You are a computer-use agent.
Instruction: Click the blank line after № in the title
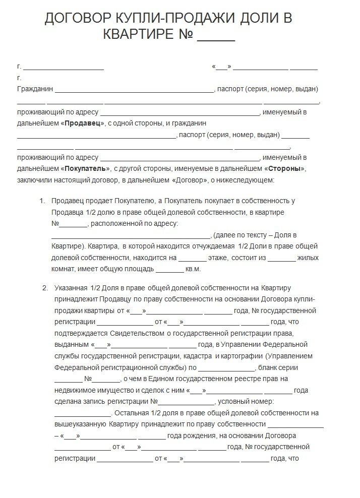tap(216, 36)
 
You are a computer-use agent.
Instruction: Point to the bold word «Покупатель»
tap(85, 168)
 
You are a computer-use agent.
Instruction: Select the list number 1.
tap(42, 201)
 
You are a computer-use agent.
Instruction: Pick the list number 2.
tap(45, 288)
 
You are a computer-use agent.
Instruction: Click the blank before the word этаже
tap(192, 259)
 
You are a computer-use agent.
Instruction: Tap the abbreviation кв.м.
tap(193, 270)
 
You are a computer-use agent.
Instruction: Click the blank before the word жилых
tap(281, 259)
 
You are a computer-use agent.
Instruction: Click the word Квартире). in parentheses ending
tap(68, 247)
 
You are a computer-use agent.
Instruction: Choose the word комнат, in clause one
tap(64, 270)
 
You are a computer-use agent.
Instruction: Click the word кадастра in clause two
tap(199, 356)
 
